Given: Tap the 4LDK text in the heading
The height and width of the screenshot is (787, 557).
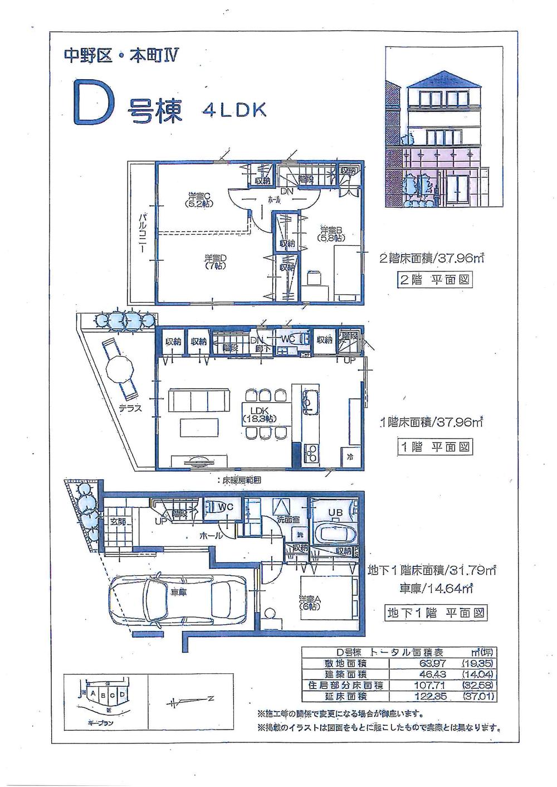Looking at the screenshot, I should [234, 109].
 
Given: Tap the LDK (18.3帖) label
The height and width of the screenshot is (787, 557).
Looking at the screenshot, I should [258, 414].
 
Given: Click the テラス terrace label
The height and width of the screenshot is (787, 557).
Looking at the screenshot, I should [130, 408].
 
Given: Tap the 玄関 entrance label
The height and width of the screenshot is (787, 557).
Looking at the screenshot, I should [118, 521].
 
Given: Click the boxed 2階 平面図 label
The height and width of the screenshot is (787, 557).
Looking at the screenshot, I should [434, 279].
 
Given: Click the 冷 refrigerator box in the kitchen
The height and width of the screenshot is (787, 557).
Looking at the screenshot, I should [350, 456].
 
